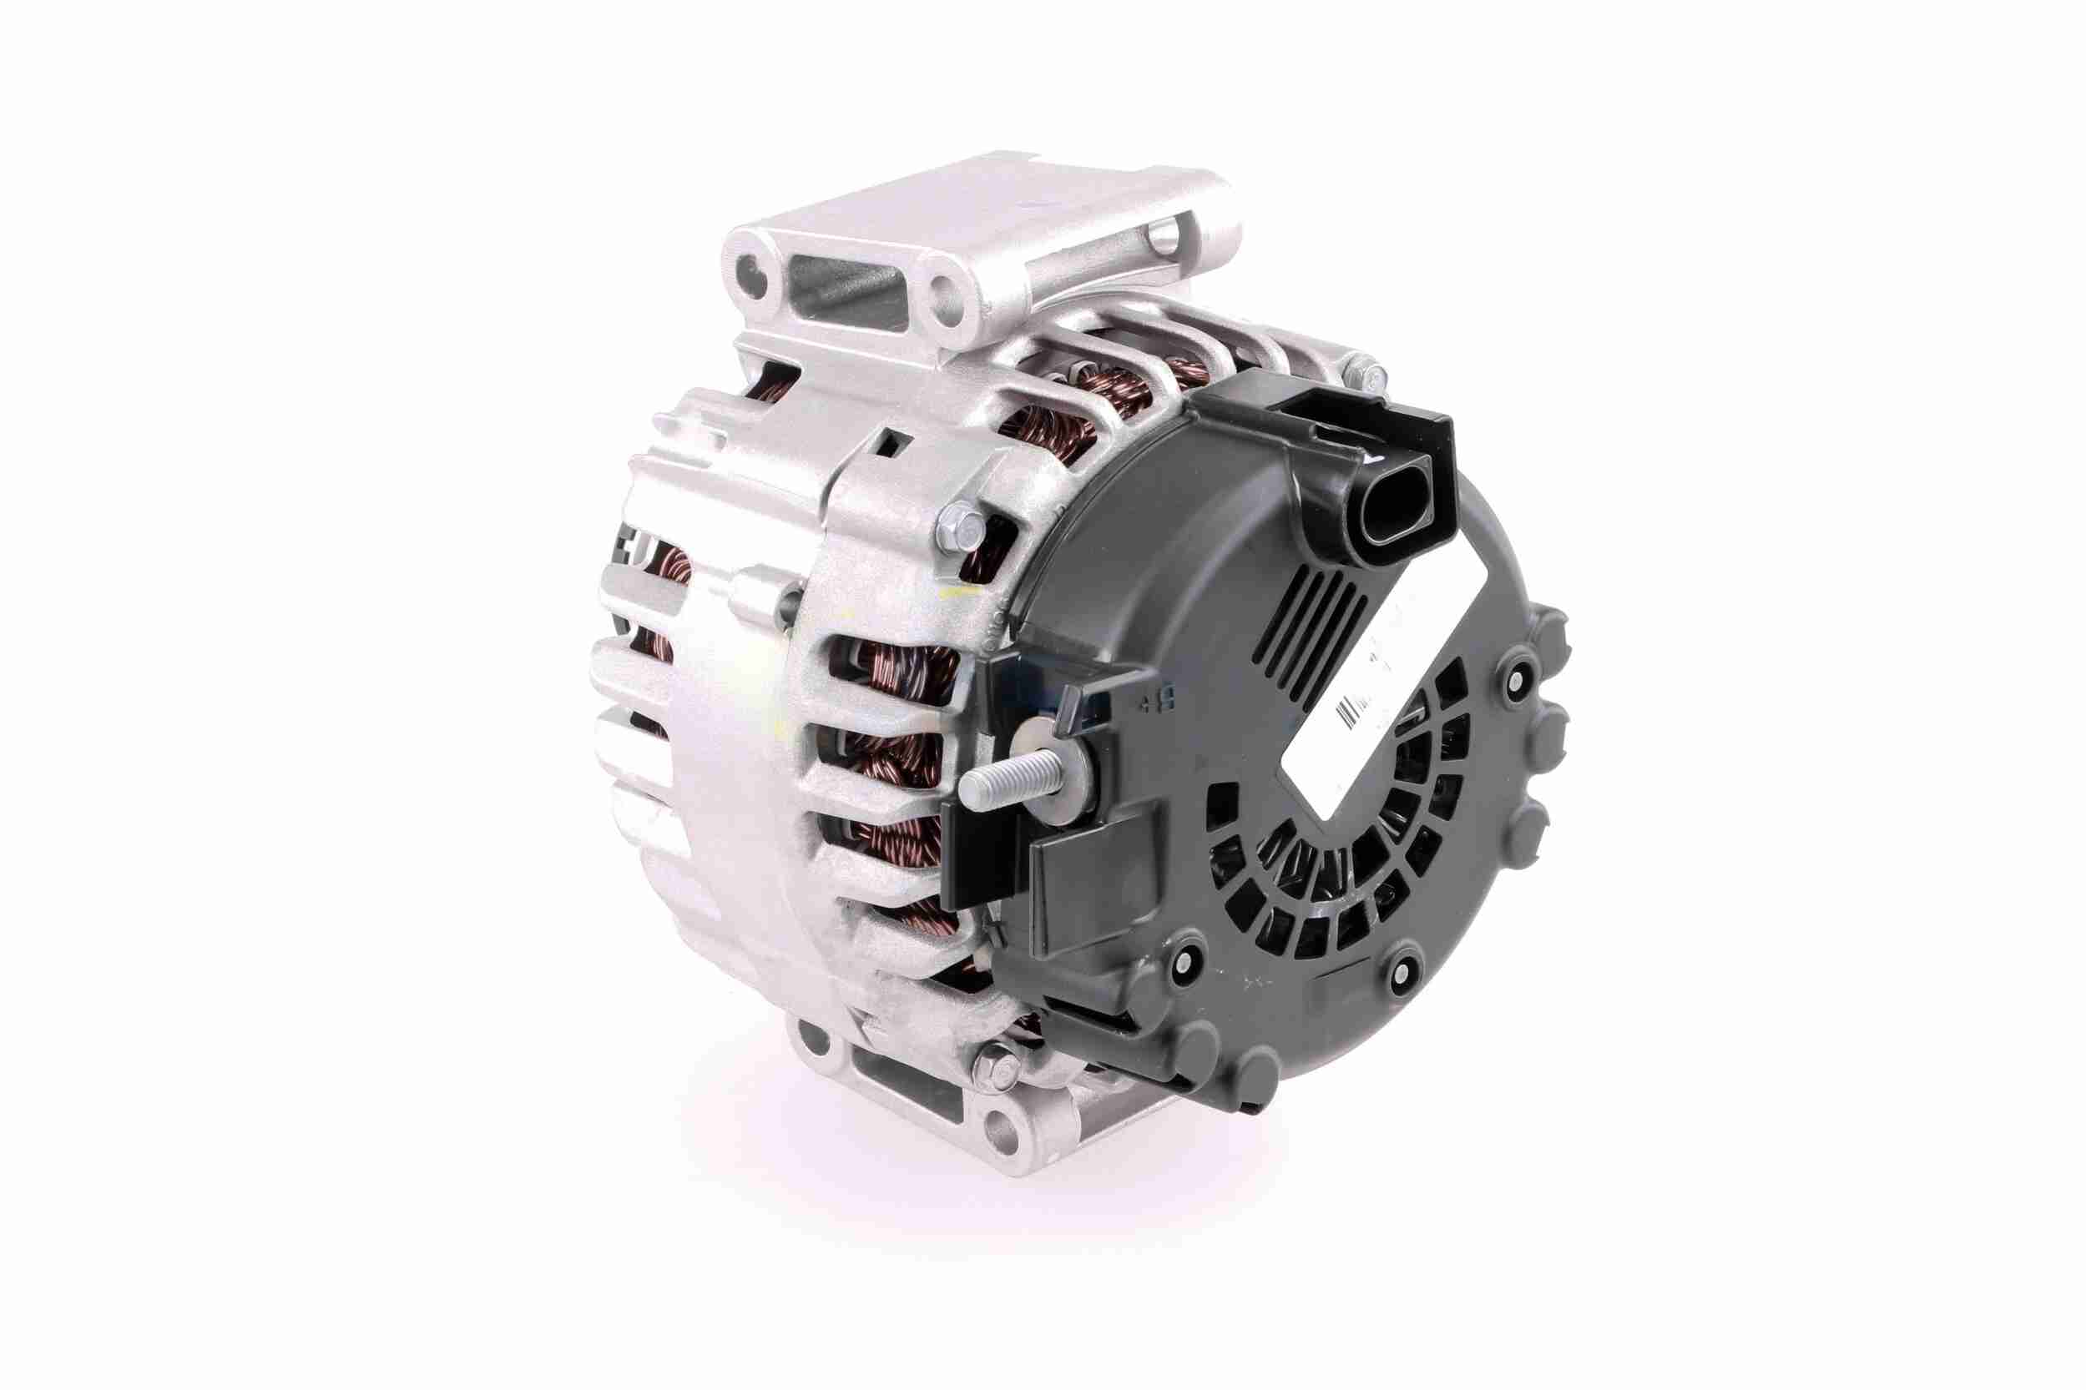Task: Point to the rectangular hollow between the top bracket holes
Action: pyautogui.click(x=838, y=272)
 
